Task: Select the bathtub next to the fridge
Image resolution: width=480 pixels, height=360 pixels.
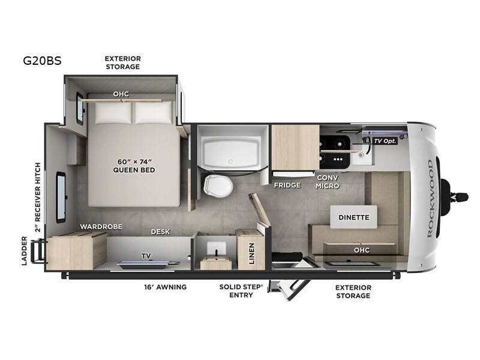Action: tap(231, 151)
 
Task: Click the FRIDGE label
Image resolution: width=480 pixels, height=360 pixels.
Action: tap(287, 185)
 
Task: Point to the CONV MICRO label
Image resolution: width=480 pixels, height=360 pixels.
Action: tap(328, 182)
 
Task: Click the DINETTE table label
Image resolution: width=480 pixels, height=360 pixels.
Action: tap(353, 217)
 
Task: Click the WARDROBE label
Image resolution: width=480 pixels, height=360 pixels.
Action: tap(101, 227)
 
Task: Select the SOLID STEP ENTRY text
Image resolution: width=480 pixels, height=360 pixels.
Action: tap(241, 291)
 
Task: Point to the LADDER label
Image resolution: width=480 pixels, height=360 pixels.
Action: tap(25, 251)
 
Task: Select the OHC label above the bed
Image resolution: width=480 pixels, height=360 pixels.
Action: tap(121, 94)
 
